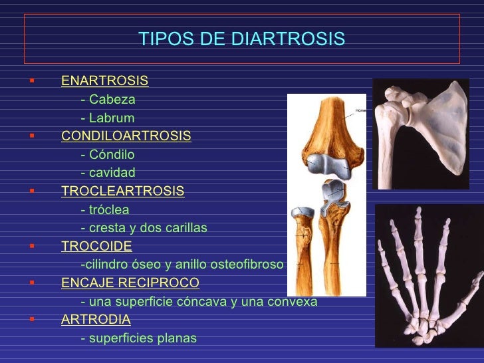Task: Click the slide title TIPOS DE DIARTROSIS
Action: pyautogui.click(x=242, y=39)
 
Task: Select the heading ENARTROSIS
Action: pyautogui.click(x=104, y=81)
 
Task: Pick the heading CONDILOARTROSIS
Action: pyautogui.click(x=126, y=136)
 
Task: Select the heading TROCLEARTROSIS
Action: pyautogui.click(x=122, y=191)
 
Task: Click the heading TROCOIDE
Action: pyautogui.click(x=96, y=246)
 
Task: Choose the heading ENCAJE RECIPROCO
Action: pyautogui.click(x=130, y=283)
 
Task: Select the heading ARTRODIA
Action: pyautogui.click(x=96, y=320)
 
